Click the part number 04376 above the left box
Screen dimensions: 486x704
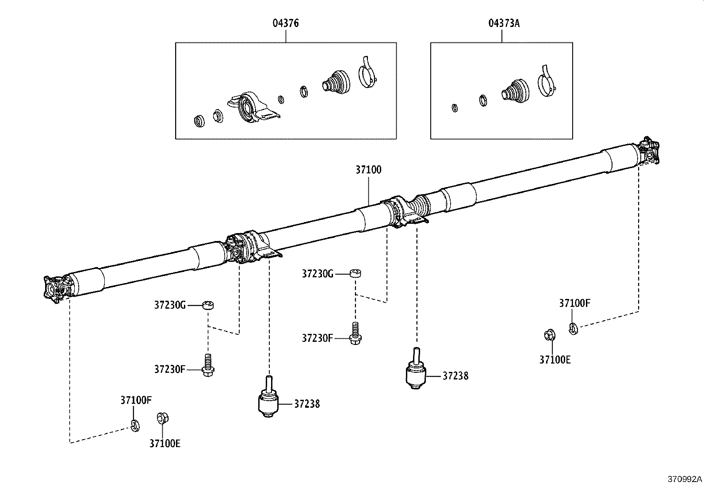[x=285, y=23]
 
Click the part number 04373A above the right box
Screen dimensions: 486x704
[x=504, y=23]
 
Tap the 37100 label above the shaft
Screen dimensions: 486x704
[x=368, y=170]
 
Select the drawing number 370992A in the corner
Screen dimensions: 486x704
[x=685, y=479]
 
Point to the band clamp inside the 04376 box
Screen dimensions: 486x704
[x=367, y=74]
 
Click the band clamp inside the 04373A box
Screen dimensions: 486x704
[x=547, y=83]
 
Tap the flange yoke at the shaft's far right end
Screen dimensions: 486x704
[x=649, y=151]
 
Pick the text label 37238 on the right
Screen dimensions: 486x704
[x=455, y=376]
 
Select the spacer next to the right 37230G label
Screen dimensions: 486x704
[x=356, y=273]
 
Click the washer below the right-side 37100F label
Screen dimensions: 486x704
[x=573, y=329]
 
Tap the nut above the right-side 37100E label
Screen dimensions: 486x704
[x=549, y=335]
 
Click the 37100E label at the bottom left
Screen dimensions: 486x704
[x=165, y=444]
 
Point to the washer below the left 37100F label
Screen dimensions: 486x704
[x=135, y=425]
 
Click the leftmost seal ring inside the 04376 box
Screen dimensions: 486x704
[x=200, y=120]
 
